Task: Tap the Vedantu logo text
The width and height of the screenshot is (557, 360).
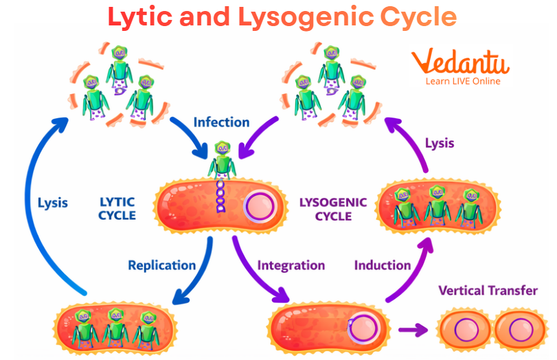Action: [459, 63]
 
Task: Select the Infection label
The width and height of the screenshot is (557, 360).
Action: [221, 122]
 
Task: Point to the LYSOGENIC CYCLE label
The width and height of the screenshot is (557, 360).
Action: [333, 209]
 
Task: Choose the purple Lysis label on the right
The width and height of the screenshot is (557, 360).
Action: [440, 144]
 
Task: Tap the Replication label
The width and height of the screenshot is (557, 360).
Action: [161, 265]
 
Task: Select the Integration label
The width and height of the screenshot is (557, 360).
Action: [291, 265]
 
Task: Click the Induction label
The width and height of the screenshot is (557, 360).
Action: [383, 265]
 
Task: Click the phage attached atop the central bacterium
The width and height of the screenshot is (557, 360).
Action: [221, 162]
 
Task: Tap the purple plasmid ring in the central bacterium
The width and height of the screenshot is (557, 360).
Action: [258, 206]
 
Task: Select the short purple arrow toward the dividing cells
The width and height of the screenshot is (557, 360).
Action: [411, 330]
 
